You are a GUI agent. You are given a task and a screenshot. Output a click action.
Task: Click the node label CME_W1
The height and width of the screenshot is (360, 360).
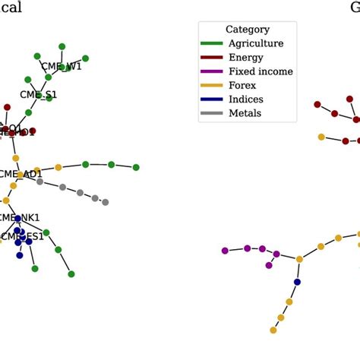(61, 67)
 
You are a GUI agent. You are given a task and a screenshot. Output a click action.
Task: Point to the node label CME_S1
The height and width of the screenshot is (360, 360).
(38, 95)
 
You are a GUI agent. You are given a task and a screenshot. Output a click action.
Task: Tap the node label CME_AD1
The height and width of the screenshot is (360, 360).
(21, 174)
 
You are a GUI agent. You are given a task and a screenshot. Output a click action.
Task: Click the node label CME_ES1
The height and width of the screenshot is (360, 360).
(22, 237)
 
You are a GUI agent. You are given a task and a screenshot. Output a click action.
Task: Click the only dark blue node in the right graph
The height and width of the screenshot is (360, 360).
(297, 283)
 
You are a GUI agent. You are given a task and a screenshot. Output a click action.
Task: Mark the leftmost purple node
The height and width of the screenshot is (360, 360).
(224, 251)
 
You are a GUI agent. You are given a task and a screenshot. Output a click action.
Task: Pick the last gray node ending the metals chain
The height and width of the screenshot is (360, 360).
(105, 202)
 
